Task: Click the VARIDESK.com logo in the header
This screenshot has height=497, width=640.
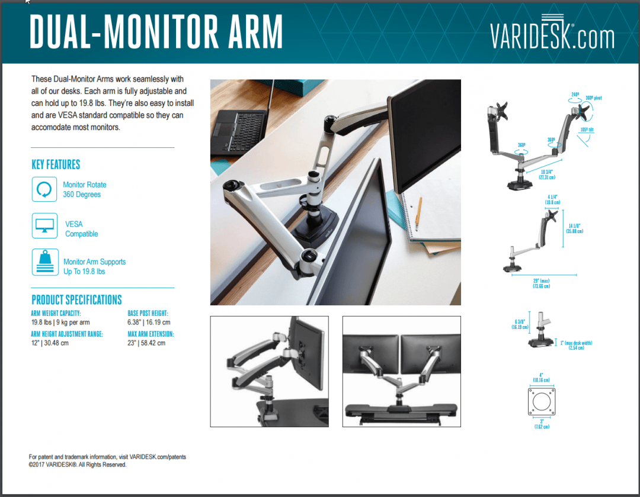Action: (552, 37)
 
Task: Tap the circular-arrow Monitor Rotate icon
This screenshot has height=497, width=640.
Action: (44, 189)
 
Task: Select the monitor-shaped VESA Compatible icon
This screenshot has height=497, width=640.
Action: (44, 226)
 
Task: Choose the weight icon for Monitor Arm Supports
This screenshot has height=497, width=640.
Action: (44, 262)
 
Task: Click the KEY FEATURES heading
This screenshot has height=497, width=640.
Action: (56, 164)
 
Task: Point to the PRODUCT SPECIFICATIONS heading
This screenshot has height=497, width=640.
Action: (76, 299)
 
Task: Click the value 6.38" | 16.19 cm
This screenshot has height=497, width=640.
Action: (149, 322)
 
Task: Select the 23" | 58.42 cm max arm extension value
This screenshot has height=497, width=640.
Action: (146, 343)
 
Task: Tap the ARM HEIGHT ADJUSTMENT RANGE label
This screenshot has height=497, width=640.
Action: (67, 334)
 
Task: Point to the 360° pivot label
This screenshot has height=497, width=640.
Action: (593, 98)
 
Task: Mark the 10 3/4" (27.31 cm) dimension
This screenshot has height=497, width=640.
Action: (546, 174)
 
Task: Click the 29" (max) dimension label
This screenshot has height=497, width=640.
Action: (541, 283)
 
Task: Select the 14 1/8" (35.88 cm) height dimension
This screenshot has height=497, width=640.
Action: (574, 228)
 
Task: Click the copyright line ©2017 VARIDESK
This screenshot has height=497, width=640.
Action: (78, 465)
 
